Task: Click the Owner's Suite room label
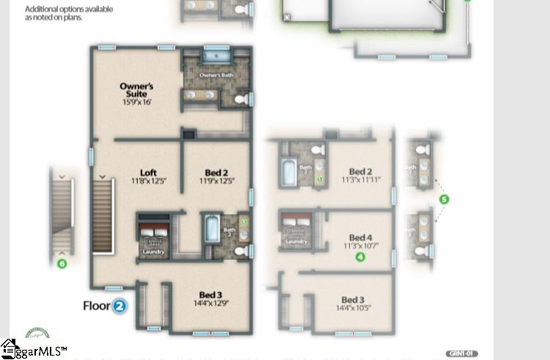pyautogui.click(x=136, y=89)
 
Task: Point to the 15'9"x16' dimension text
pyautogui.click(x=136, y=103)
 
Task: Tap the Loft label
pyautogui.click(x=149, y=173)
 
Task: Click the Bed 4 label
pyautogui.click(x=361, y=238)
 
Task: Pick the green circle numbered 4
pyautogui.click(x=360, y=257)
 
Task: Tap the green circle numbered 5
pyautogui.click(x=444, y=199)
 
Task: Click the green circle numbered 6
pyautogui.click(x=62, y=262)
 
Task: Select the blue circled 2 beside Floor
pyautogui.click(x=120, y=306)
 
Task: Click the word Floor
pyautogui.click(x=96, y=306)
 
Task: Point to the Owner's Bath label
pyautogui.click(x=215, y=76)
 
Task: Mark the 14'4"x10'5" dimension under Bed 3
pyautogui.click(x=353, y=308)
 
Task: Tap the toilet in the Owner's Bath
pyautogui.click(x=241, y=98)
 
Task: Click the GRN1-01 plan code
pyautogui.click(x=462, y=354)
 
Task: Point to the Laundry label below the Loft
pyautogui.click(x=154, y=252)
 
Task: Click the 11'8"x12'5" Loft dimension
pyautogui.click(x=149, y=181)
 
